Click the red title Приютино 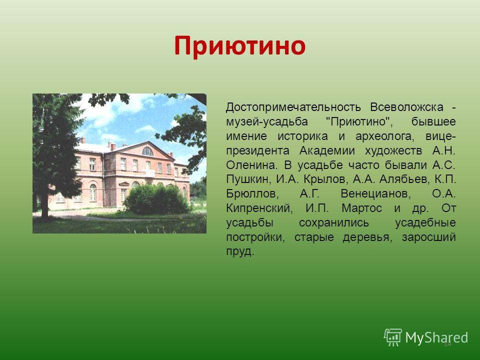pyautogui.click(x=239, y=46)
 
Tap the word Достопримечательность pyautogui.click(x=293, y=107)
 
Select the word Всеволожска pyautogui.click(x=406, y=107)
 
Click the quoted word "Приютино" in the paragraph pyautogui.click(x=358, y=121)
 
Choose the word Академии pyautogui.click(x=327, y=151)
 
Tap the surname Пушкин pyautogui.click(x=247, y=179)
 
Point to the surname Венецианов pyautogui.click(x=375, y=194)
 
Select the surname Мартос pyautogui.click(x=361, y=208)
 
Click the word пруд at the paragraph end pyautogui.click(x=240, y=251)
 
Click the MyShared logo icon pyautogui.click(x=393, y=337)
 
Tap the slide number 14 pyautogui.click(x=447, y=344)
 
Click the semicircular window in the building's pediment pyautogui.click(x=147, y=151)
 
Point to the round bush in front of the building pyautogui.click(x=156, y=198)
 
